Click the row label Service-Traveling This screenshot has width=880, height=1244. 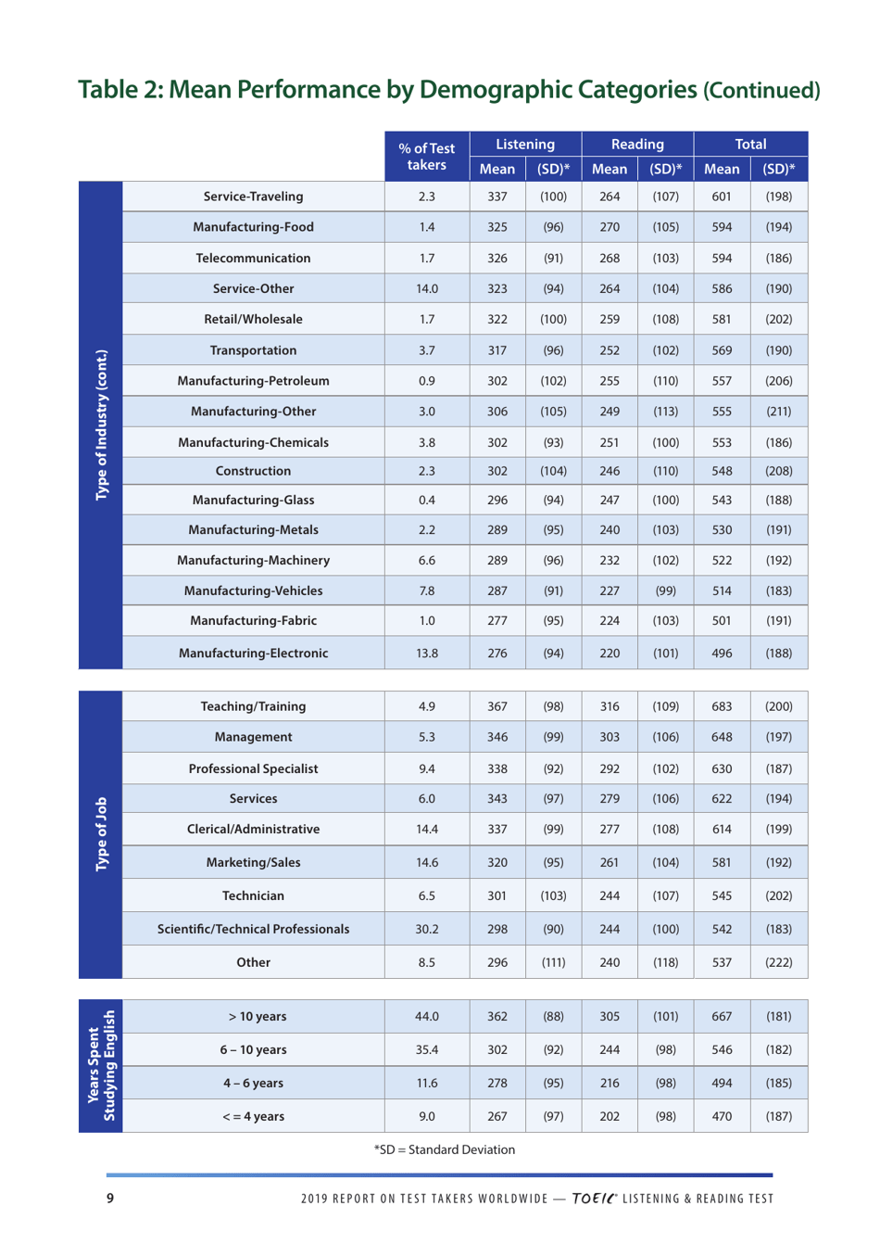pos(253,197)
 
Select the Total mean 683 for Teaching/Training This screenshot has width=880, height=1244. pos(722,706)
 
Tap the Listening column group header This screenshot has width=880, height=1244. pos(525,145)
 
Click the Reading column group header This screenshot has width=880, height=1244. pos(637,145)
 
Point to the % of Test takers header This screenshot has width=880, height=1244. pos(426,157)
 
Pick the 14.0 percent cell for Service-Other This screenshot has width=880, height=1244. pos(426,288)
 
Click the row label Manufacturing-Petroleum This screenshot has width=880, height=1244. pos(253,381)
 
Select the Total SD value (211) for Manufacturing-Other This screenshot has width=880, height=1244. pos(778,412)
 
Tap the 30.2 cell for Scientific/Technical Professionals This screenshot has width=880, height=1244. pos(426,929)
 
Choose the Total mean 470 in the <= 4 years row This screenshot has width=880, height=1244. pos(722,1117)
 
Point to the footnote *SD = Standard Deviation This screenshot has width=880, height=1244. pos(444,1150)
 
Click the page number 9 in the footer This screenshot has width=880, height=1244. pos(110,1199)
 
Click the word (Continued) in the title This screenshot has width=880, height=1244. pos(761,91)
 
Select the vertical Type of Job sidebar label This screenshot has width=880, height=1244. pos(101,834)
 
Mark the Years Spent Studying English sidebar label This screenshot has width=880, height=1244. pos(101,1066)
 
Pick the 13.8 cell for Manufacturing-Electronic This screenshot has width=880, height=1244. pos(426,654)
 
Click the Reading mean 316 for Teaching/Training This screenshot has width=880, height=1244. pos(610,706)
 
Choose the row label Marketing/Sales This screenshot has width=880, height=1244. pos(253,863)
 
